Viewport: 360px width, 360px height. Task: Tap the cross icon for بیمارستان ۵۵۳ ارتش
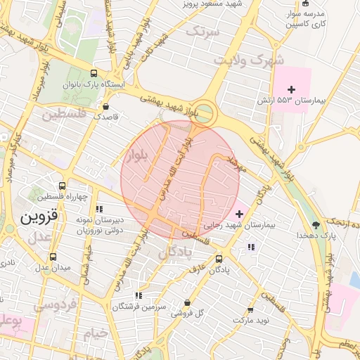click(292, 89)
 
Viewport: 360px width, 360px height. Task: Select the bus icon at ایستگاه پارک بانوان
click(95, 74)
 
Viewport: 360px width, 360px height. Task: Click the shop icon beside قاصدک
click(105, 107)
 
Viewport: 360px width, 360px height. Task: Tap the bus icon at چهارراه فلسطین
click(63, 187)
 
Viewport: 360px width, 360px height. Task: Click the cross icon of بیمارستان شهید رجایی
click(239, 213)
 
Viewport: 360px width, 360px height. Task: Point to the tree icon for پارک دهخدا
click(316, 225)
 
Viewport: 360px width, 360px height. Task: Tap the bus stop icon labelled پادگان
click(219, 258)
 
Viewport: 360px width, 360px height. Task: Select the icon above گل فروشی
click(187, 302)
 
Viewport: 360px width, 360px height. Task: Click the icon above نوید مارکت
click(250, 309)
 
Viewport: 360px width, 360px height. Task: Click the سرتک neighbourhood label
click(204, 32)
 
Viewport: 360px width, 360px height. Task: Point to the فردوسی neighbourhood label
click(56, 307)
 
